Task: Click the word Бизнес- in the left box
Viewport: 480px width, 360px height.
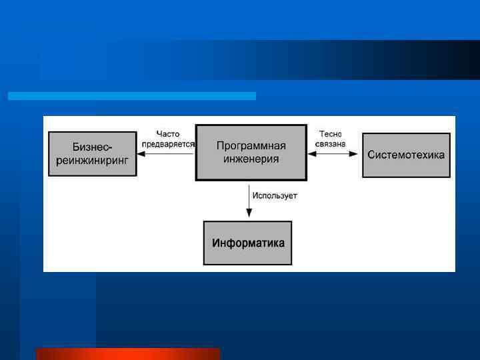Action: click(93, 147)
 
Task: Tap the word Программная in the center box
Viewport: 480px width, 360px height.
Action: click(251, 146)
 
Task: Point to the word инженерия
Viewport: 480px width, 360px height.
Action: click(251, 159)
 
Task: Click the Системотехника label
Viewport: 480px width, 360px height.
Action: click(406, 155)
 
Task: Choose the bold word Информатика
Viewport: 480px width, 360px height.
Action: click(248, 243)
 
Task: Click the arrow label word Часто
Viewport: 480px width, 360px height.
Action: click(168, 134)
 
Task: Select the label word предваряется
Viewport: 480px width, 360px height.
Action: click(168, 144)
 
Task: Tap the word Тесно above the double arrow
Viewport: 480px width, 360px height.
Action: click(331, 134)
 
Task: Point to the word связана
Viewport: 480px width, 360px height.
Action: click(331, 144)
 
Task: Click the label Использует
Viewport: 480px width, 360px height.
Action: click(274, 196)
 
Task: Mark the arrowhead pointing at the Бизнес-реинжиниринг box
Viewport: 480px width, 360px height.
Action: click(141, 154)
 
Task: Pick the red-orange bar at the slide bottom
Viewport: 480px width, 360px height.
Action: click(128, 354)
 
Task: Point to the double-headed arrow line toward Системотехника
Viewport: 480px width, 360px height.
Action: click(334, 154)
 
